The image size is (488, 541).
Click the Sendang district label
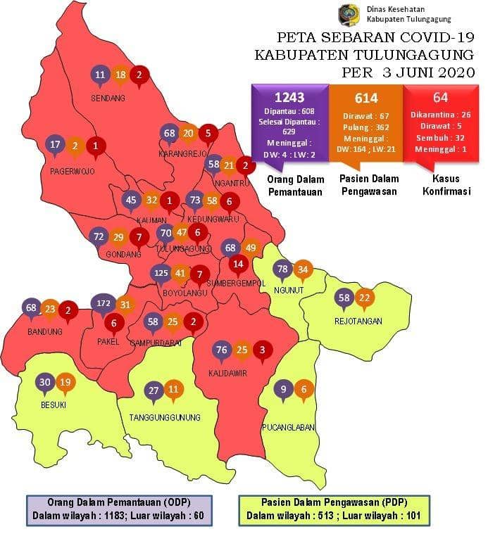108,98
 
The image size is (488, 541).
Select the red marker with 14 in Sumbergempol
239,264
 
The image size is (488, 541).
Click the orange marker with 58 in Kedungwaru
211,201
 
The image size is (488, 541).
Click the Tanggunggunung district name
165,417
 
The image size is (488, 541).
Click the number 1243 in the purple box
289,98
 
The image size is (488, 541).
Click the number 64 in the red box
440,98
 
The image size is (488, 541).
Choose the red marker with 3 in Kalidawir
262,350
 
